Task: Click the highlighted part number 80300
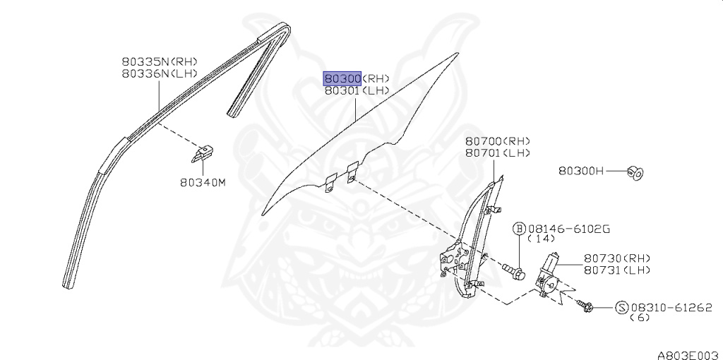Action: (x=343, y=78)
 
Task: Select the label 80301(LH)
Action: (x=357, y=91)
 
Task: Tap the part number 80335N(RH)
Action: (x=159, y=61)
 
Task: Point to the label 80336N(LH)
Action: (x=159, y=73)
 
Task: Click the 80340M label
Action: (x=202, y=183)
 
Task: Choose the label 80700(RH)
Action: (x=497, y=141)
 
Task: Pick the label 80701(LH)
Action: (x=497, y=153)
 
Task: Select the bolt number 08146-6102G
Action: (x=568, y=229)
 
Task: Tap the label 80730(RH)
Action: (x=616, y=258)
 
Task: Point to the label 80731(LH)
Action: (x=616, y=270)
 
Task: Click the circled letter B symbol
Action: (x=519, y=229)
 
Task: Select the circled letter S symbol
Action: (x=622, y=307)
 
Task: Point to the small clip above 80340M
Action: (x=203, y=151)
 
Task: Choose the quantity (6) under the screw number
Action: (x=640, y=318)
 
